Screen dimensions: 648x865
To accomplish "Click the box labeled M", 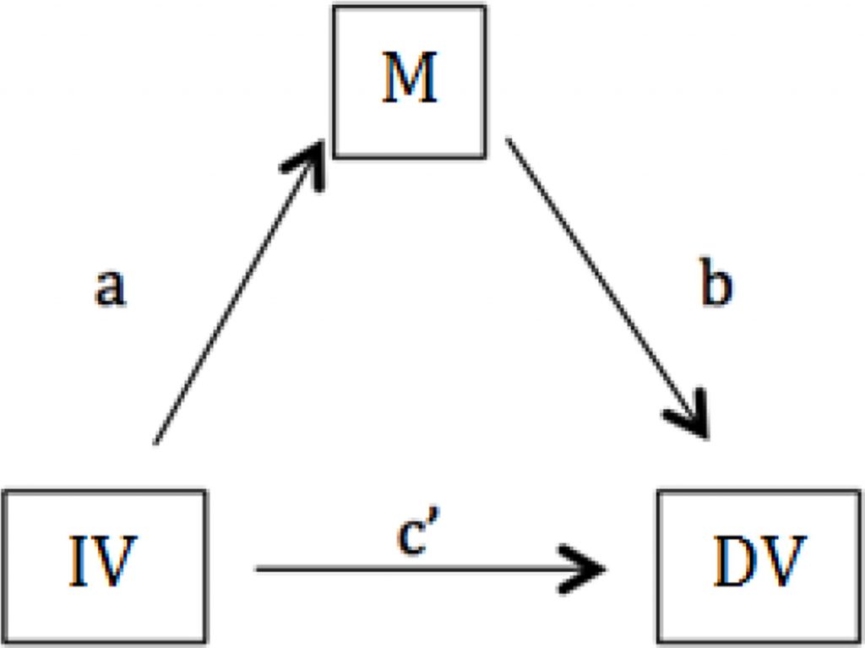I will [409, 81].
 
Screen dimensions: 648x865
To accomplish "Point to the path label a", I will [110, 288].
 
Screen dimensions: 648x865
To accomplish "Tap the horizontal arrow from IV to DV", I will [422, 569].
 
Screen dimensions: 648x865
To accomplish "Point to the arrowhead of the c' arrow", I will [591, 569].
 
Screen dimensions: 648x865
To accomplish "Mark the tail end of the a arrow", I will [156, 440].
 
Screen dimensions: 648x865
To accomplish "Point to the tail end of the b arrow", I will [507, 140].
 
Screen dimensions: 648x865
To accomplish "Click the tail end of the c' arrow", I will [258, 569].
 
